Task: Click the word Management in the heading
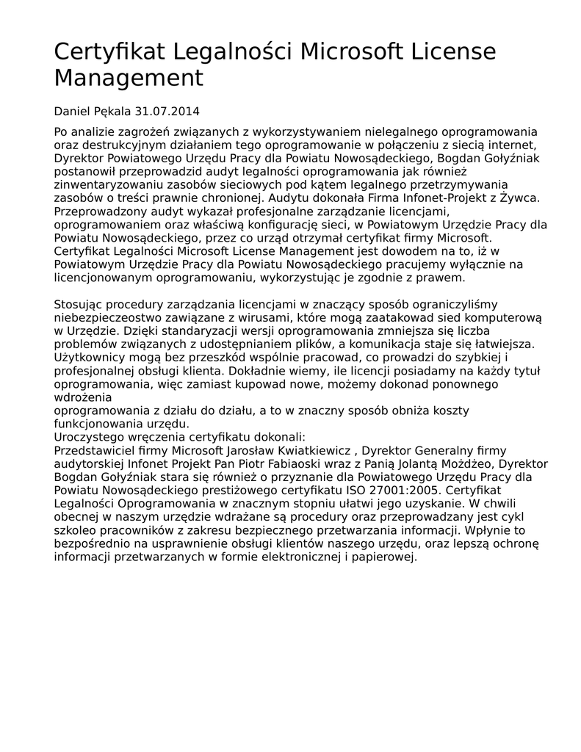pyautogui.click(x=128, y=77)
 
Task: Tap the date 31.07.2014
pyautogui.click(x=167, y=112)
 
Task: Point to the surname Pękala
pyautogui.click(x=112, y=112)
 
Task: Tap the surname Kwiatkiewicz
pyautogui.click(x=316, y=449)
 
